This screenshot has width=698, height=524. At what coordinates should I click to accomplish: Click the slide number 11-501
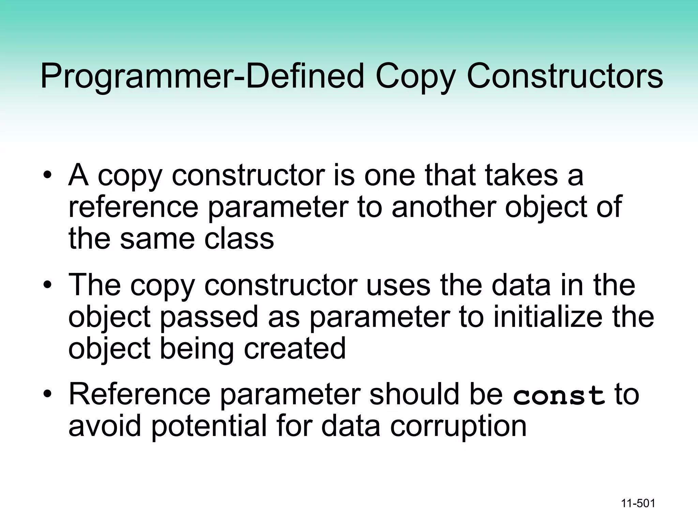(638, 503)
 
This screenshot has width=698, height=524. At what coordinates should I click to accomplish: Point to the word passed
(209, 317)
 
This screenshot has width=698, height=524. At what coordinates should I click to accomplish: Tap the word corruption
(458, 426)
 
